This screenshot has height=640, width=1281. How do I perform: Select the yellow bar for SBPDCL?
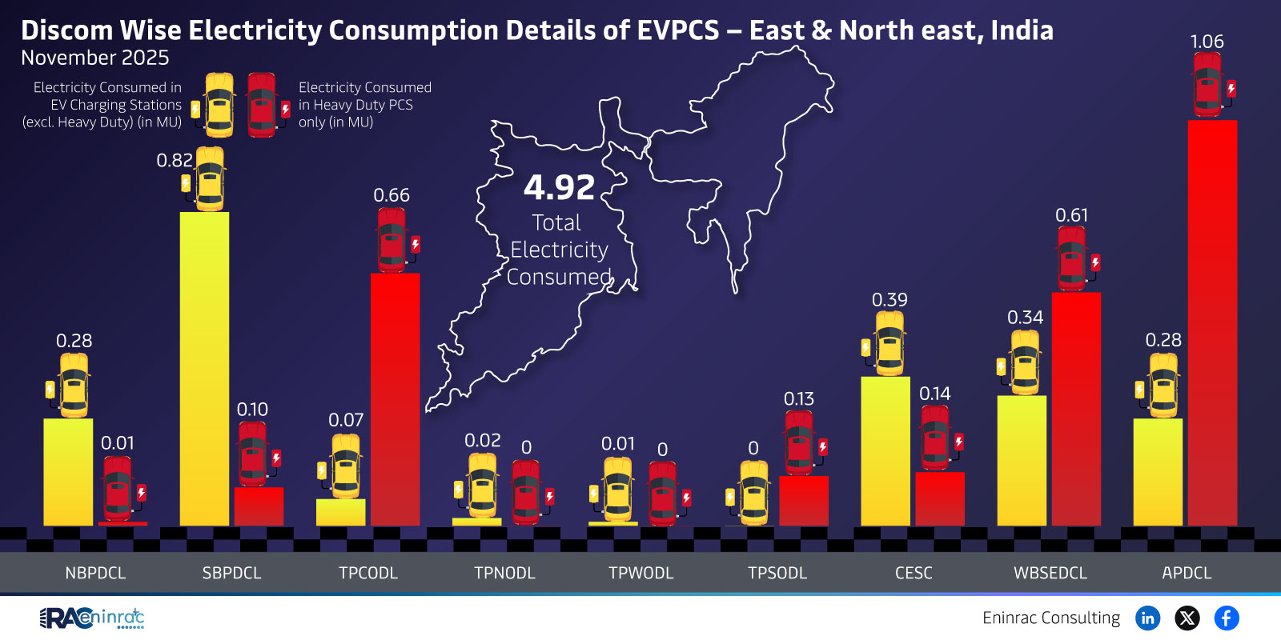pos(204,368)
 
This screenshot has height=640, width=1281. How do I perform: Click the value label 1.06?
pos(1207,42)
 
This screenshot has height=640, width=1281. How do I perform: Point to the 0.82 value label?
pos(175,160)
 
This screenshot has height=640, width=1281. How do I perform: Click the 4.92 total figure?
pos(559,188)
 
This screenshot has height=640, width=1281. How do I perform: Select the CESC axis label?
pos(914,573)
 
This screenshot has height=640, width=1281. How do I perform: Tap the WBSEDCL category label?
pos(1050,573)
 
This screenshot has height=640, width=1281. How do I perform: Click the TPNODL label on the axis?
pos(504,573)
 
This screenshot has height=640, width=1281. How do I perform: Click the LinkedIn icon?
pos(1147,618)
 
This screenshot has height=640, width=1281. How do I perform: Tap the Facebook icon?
pos(1226,618)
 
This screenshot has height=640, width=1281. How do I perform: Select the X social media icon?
pos(1187,618)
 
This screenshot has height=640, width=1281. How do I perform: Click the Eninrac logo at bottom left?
pos(92,618)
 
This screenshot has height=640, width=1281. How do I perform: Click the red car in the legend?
pos(263,105)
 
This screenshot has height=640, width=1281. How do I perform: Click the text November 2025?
pos(94,58)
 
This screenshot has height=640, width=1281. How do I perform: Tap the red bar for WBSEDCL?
pos(1075,408)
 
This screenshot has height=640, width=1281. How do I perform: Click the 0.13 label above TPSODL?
pos(798,398)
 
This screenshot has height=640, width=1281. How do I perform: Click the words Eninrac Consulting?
pos(1051,618)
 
